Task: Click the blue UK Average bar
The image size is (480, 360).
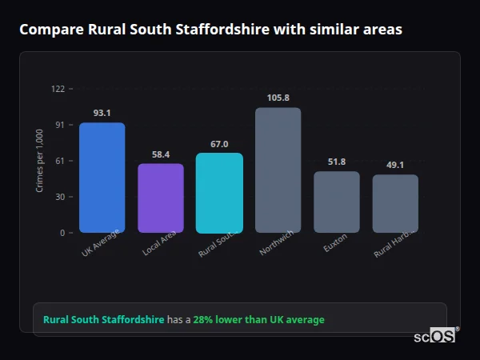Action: [102, 178]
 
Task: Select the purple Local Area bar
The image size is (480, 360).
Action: [161, 198]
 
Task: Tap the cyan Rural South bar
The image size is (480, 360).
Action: [219, 193]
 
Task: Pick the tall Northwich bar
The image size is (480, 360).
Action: [278, 170]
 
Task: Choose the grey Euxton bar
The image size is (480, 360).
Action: [336, 202]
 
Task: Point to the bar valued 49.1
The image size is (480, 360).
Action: [395, 203]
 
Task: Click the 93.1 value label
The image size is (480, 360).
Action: [102, 114]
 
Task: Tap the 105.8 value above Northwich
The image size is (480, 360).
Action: [278, 98]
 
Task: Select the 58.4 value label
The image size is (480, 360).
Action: [161, 154]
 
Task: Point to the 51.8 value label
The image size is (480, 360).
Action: [336, 162]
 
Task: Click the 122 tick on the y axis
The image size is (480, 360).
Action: [58, 89]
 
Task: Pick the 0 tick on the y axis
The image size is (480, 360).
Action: [62, 233]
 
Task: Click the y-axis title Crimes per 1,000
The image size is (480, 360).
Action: [40, 161]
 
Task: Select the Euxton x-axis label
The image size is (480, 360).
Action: [334, 243]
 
